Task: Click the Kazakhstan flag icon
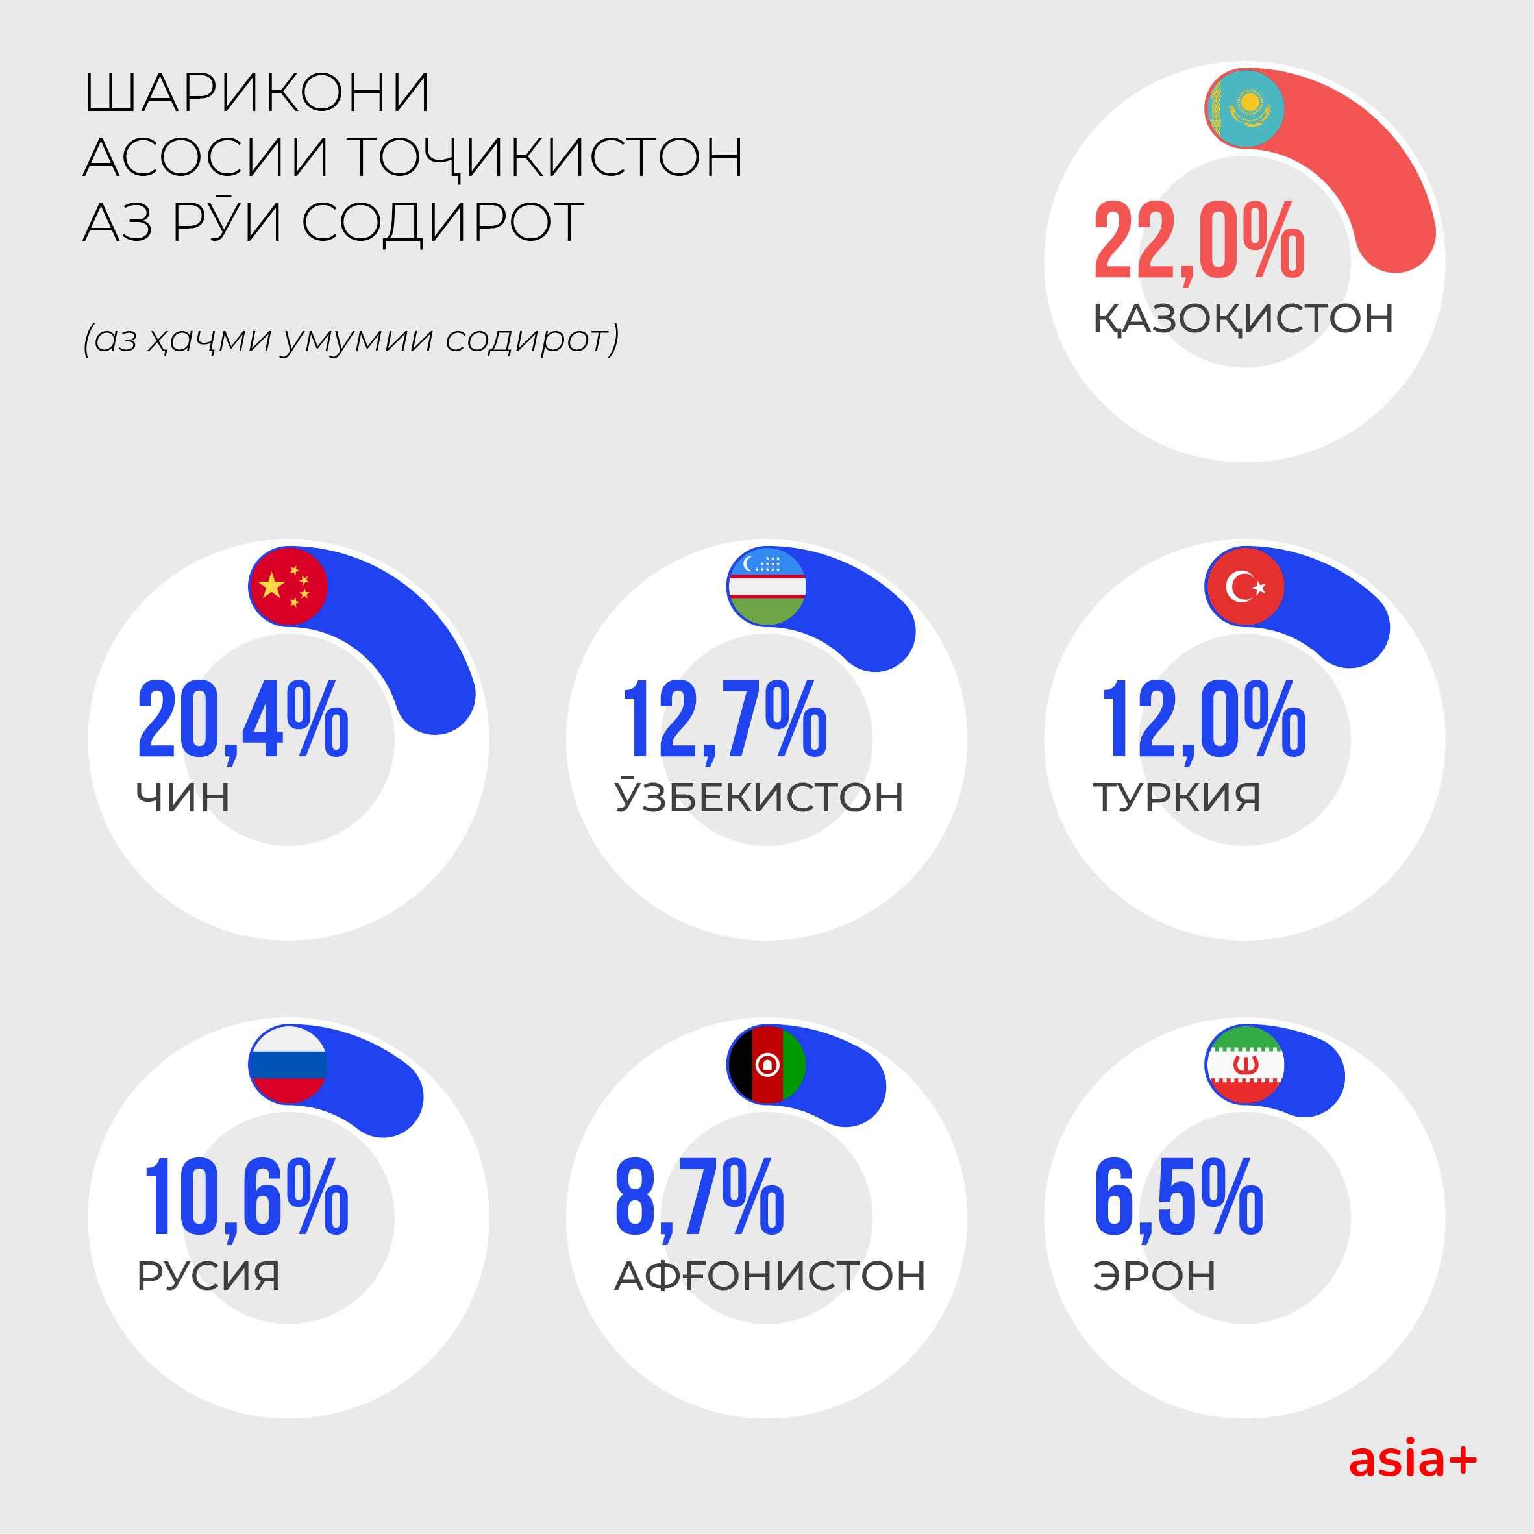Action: (x=1244, y=108)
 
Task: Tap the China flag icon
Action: (x=288, y=587)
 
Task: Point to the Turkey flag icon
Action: (x=1244, y=587)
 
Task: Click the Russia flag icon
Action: (x=288, y=1065)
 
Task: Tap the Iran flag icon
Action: (x=1244, y=1065)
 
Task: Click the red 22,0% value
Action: (x=1199, y=241)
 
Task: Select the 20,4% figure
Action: (x=243, y=719)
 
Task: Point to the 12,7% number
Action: (x=724, y=719)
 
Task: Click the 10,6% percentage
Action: (x=246, y=1197)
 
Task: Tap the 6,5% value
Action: (x=1178, y=1197)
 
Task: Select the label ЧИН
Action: (x=182, y=797)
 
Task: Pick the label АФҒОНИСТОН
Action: (x=769, y=1276)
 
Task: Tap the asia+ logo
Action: (x=1413, y=1460)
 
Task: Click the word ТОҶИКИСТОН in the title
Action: (x=545, y=156)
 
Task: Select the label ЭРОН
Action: (x=1154, y=1276)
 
